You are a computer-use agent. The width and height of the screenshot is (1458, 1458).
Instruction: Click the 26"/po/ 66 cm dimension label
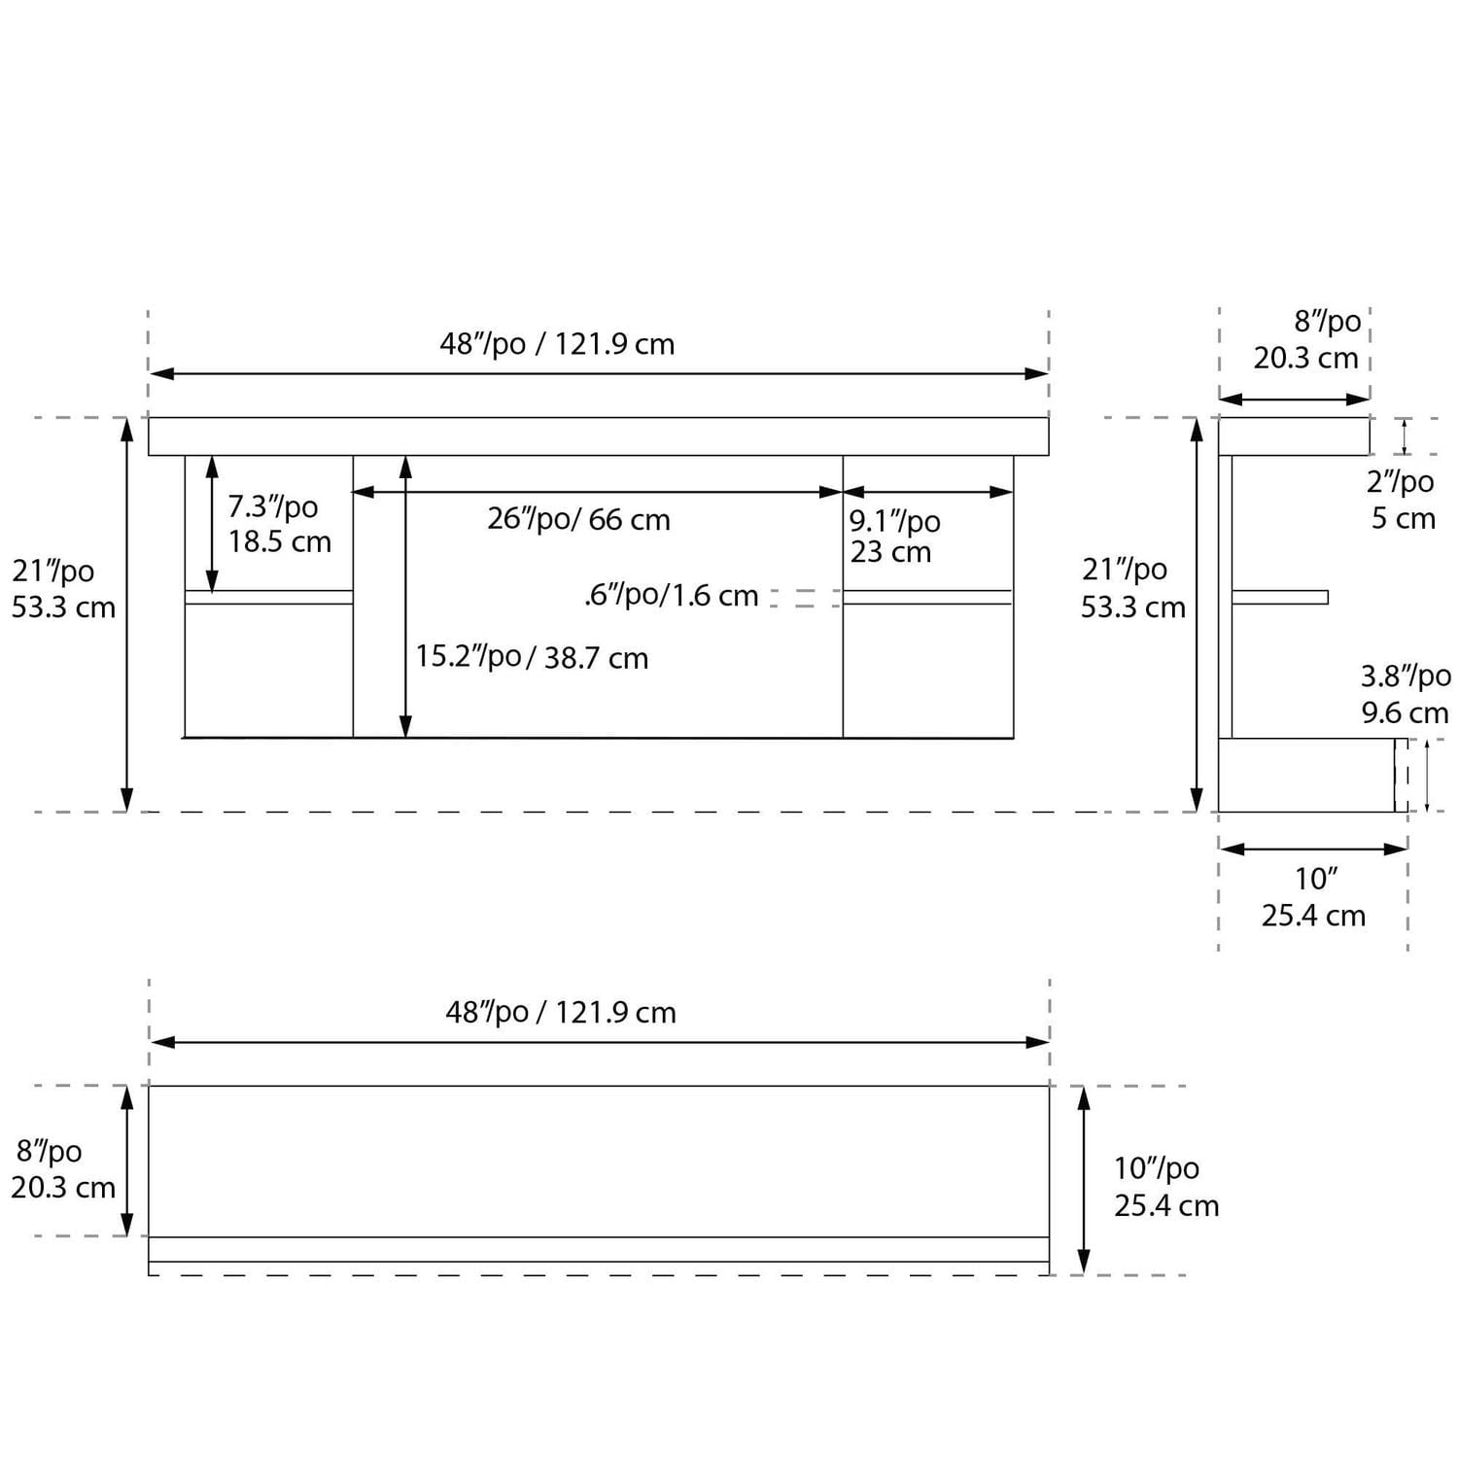point(578,520)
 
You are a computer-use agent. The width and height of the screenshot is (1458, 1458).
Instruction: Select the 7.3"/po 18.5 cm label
point(279,524)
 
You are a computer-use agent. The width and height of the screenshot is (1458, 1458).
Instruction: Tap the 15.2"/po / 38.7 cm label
point(532,658)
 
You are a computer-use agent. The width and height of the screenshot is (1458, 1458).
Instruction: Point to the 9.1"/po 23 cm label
point(894,537)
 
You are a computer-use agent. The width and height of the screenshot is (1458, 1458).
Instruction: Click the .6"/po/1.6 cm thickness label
point(671,596)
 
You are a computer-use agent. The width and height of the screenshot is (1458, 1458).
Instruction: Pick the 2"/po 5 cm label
point(1402,500)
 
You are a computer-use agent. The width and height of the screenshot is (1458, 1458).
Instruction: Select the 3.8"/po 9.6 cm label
point(1405,694)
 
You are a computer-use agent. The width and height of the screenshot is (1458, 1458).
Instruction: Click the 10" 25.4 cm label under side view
point(1314,897)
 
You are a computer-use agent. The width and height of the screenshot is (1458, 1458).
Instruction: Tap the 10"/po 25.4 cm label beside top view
point(1164,1187)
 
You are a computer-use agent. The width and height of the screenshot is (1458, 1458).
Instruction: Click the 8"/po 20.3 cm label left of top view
point(62,1169)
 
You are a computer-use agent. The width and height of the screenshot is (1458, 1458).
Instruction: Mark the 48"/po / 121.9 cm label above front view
point(557,344)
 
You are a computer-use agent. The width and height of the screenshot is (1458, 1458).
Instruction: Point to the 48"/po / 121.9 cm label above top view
point(561,1013)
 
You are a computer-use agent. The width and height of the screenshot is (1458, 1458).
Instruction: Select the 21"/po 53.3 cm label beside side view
point(1132,588)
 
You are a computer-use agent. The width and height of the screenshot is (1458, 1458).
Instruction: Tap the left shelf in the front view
point(269,597)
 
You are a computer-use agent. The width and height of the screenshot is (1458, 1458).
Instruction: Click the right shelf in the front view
point(927,597)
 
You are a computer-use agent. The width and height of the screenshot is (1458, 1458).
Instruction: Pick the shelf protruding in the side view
point(1279,597)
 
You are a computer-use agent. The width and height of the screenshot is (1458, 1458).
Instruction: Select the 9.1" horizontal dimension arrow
point(928,492)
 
